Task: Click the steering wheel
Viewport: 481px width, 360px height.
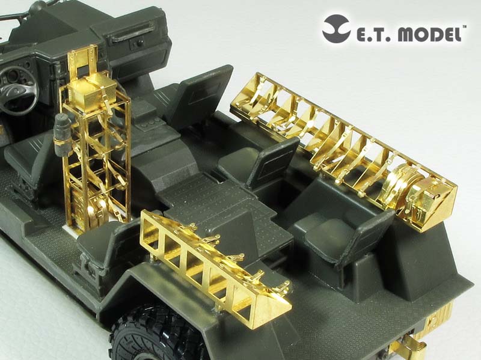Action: [19, 89]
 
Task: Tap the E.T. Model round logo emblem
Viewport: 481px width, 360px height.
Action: [336, 28]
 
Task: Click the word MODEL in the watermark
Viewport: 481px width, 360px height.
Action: [430, 34]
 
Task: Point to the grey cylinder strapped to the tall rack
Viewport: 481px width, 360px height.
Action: [61, 134]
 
